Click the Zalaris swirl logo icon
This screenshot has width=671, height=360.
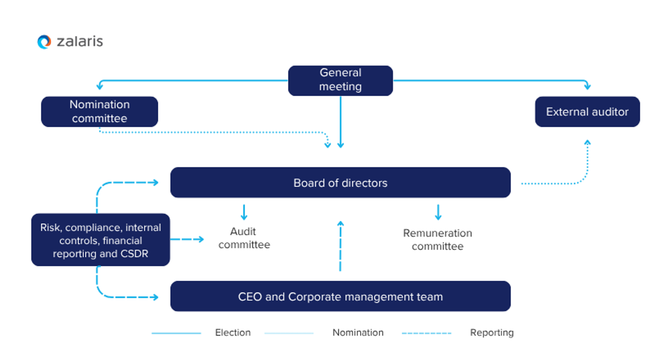(x=44, y=42)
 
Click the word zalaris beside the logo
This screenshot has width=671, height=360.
(x=80, y=42)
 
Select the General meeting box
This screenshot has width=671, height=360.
(x=340, y=80)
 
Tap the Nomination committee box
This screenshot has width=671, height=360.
(x=100, y=111)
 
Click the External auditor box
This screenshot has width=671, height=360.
(x=587, y=112)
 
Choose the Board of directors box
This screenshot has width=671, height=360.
(x=340, y=182)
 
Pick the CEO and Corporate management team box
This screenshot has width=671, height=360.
(x=340, y=296)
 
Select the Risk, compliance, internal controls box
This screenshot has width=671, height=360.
(x=101, y=240)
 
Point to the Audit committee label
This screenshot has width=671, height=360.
(x=244, y=238)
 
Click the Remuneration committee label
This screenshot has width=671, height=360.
(x=438, y=239)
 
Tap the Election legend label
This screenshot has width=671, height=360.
(x=233, y=332)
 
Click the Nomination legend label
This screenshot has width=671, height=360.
(x=358, y=332)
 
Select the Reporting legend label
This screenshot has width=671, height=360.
(x=492, y=332)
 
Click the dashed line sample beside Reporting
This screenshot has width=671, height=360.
(x=426, y=333)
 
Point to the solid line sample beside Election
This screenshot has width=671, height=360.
(x=176, y=333)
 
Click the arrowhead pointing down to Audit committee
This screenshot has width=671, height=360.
(x=244, y=217)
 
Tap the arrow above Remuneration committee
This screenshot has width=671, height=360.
(x=438, y=213)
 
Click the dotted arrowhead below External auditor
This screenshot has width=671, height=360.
(x=587, y=142)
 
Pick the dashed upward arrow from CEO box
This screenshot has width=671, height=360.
(x=340, y=245)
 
